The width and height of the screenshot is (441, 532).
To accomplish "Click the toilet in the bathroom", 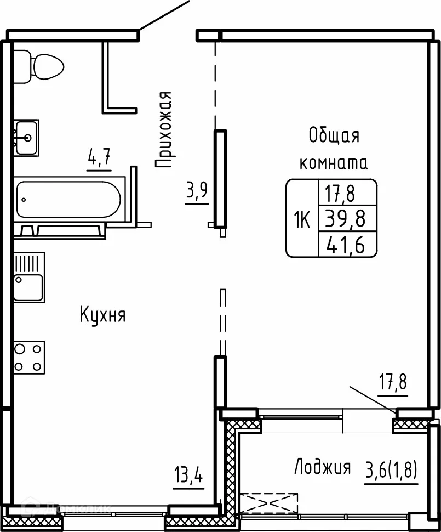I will click(38, 66).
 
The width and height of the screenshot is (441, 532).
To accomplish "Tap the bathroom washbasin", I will click(26, 138).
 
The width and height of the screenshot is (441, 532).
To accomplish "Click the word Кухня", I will click(103, 315).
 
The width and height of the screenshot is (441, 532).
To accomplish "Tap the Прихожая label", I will click(164, 129).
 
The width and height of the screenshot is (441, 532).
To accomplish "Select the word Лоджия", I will click(322, 467).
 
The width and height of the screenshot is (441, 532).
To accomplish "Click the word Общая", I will click(334, 135).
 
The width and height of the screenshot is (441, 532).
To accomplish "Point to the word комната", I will click(333, 162).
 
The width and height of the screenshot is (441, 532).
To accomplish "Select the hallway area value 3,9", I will click(197, 191).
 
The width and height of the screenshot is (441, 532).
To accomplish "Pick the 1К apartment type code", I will click(302, 220).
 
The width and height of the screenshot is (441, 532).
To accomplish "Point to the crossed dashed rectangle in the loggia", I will click(268, 501).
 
